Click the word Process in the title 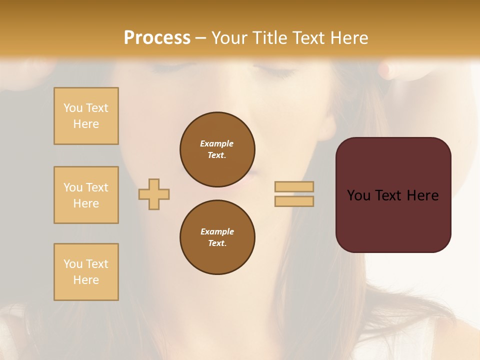click(157, 38)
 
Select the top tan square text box click(86, 116)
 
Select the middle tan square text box click(86, 195)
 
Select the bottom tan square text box click(86, 272)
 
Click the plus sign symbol click(154, 194)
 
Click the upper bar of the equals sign click(294, 186)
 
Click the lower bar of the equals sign click(294, 201)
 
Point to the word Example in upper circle click(217, 143)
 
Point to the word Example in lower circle click(217, 231)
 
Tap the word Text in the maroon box click(393, 195)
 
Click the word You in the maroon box click(358, 195)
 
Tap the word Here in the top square click(86, 124)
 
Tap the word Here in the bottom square click(86, 280)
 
